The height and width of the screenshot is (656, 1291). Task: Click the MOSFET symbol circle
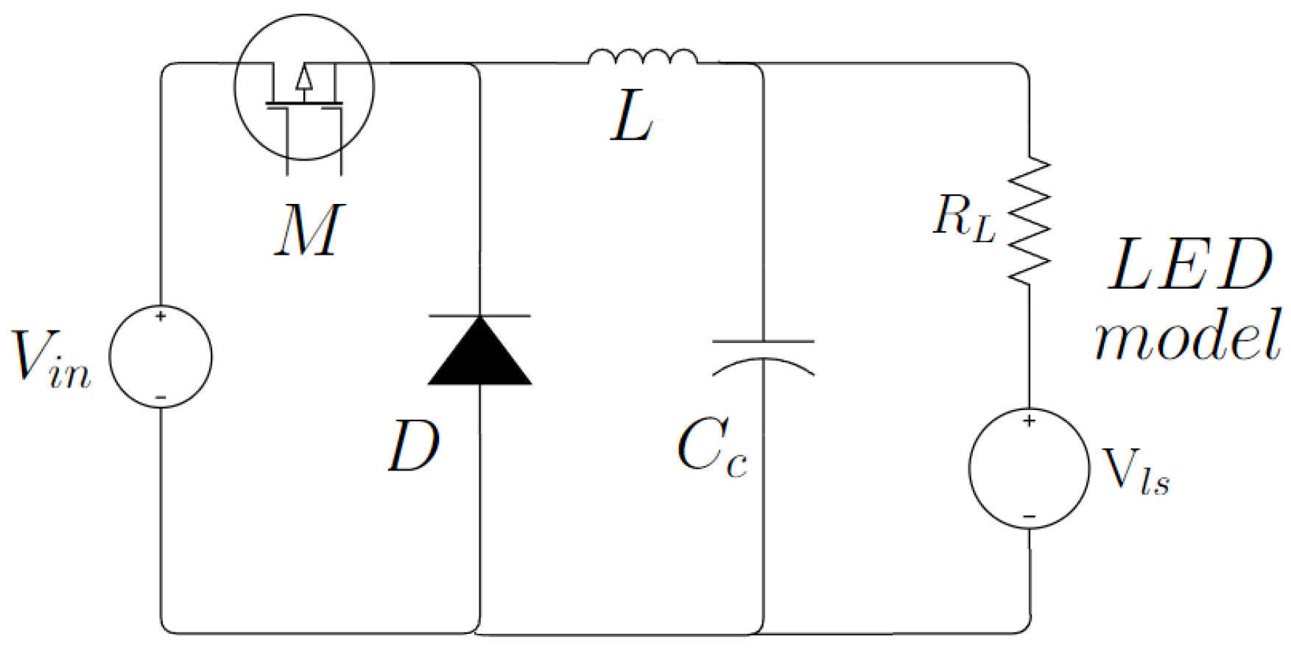[x=303, y=88]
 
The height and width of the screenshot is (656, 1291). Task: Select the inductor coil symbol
[x=642, y=57]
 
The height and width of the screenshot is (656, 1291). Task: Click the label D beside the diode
[x=413, y=446]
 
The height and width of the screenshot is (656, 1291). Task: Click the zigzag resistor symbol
[x=1029, y=220]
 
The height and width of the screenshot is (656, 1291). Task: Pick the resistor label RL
[x=963, y=218]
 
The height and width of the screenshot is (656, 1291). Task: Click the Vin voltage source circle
[x=161, y=356]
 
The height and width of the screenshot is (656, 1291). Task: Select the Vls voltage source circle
[x=1029, y=468]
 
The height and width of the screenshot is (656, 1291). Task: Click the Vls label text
[x=1135, y=471]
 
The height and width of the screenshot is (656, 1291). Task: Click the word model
[x=1187, y=336]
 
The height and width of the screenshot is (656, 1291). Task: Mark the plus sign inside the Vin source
[x=161, y=317]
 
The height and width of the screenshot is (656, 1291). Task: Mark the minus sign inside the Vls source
[x=1029, y=517]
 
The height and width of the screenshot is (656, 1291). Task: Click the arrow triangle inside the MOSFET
[x=304, y=77]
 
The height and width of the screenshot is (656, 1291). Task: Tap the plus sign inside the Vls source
[x=1029, y=421]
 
